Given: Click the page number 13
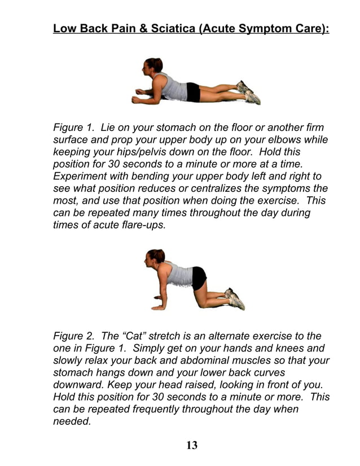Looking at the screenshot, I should pos(192,445).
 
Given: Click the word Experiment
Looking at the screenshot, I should pos(80,176).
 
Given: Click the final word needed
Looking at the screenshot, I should pos(72,421).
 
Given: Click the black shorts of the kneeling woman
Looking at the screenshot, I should pos(199,278).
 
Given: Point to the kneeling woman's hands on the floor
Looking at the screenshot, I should pos(159,306).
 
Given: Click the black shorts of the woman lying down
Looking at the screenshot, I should pos(193,91).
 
